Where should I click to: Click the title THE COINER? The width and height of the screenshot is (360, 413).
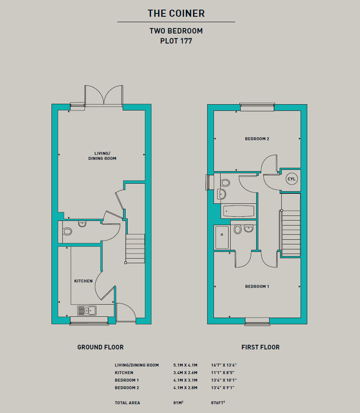click(176, 13)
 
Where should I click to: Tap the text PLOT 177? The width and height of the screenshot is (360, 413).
click(176, 41)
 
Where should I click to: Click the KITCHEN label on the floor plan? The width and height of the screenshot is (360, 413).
click(83, 281)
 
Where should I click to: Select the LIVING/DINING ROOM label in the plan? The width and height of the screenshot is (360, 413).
click(102, 156)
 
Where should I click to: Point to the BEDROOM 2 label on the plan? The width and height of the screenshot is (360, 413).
click(257, 139)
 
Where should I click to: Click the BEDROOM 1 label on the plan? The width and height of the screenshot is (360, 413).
click(257, 287)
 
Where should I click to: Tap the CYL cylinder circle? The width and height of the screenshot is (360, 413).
click(291, 179)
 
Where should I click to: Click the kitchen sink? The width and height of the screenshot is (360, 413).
click(87, 310)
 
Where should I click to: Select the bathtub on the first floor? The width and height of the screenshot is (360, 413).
click(239, 211)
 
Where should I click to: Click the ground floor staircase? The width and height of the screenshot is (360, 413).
click(135, 249)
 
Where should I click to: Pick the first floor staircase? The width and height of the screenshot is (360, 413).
click(291, 233)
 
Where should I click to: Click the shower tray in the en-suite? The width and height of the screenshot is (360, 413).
click(222, 237)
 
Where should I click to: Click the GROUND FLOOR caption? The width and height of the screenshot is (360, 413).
click(100, 347)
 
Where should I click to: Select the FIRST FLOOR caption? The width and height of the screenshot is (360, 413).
click(260, 347)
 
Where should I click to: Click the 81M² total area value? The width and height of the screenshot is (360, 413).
click(178, 403)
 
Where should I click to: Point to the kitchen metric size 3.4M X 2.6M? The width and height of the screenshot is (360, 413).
click(185, 373)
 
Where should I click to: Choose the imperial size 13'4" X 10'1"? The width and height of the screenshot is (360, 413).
click(224, 380)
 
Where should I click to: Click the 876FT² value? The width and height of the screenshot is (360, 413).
click(218, 403)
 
